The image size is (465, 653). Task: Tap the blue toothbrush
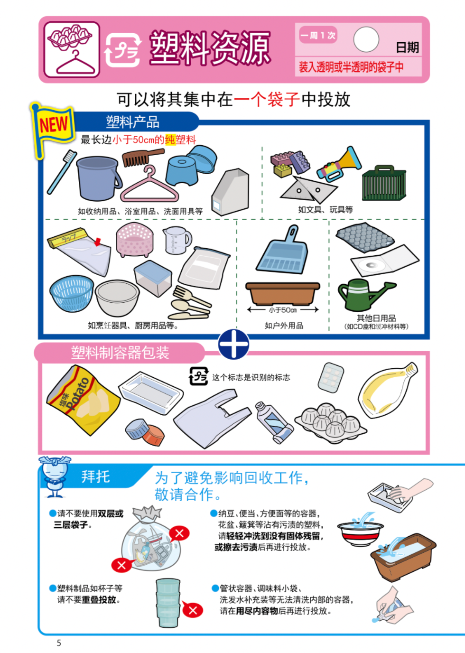[x=62, y=172]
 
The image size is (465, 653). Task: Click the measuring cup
[x=177, y=240]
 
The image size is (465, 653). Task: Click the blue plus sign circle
[x=233, y=344]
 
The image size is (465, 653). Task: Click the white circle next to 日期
[x=366, y=39]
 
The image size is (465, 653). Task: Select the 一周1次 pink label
[x=318, y=35]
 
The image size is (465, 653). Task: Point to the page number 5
[x=59, y=643]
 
